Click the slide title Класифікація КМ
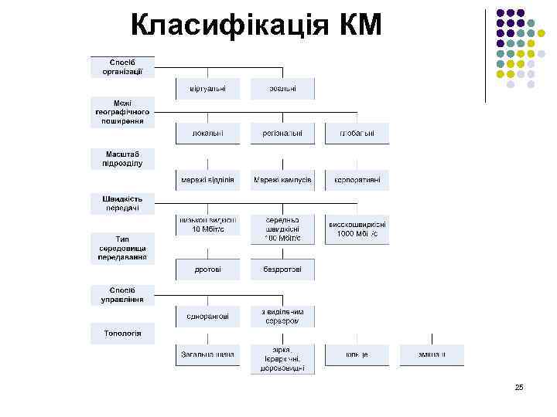(x=256, y=26)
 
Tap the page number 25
(x=519, y=387)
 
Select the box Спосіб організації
(x=122, y=67)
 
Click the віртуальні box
(x=207, y=89)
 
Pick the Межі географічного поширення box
(x=122, y=112)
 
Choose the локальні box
(x=207, y=134)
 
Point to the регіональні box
(x=282, y=134)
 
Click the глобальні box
(x=357, y=134)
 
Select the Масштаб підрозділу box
(x=122, y=158)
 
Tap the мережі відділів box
(x=207, y=180)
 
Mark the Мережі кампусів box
(x=282, y=180)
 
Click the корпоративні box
(x=357, y=180)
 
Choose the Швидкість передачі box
(x=122, y=203)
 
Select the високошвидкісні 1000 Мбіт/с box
(x=357, y=228)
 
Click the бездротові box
(x=282, y=270)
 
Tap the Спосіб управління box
(x=122, y=294)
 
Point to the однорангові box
(x=207, y=316)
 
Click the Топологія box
(x=122, y=334)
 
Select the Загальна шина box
(x=207, y=354)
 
